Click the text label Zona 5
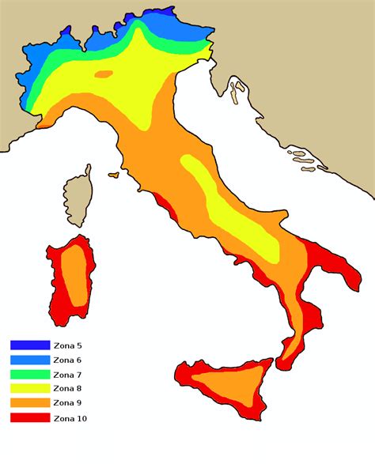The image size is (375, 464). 68,346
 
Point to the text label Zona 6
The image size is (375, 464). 68,360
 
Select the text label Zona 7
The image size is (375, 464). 68,375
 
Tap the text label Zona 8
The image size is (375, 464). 68,389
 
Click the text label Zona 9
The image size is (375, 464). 68,403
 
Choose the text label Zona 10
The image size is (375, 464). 70,417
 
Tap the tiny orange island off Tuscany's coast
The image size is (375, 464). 114,174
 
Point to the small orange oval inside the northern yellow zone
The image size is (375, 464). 104,74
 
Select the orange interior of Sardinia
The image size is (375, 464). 75,273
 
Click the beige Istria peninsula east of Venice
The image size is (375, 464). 234,91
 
